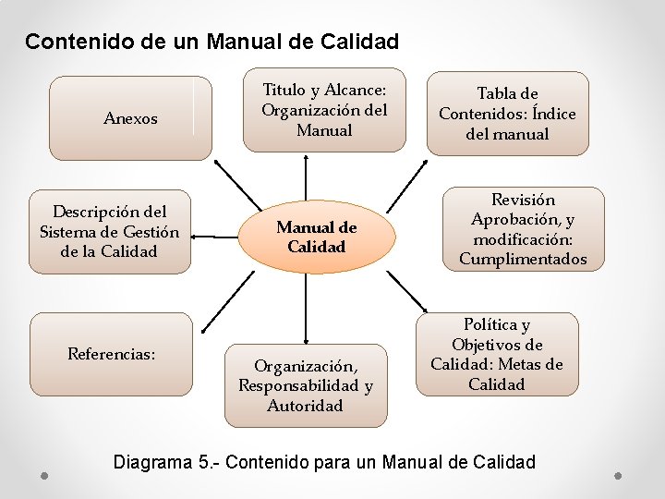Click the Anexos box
tap(130, 118)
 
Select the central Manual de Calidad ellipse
tap(317, 237)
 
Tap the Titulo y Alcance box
tap(324, 110)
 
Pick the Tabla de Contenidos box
tap(507, 113)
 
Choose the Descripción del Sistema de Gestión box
tap(109, 232)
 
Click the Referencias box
tap(111, 354)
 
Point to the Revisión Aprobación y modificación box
tap(523, 229)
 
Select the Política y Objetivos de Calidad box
tap(497, 354)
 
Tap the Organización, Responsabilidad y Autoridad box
tap(306, 384)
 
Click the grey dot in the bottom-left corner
tap(44, 476)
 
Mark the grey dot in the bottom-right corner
tap(618, 476)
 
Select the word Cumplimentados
tap(523, 260)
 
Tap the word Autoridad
tap(305, 406)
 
